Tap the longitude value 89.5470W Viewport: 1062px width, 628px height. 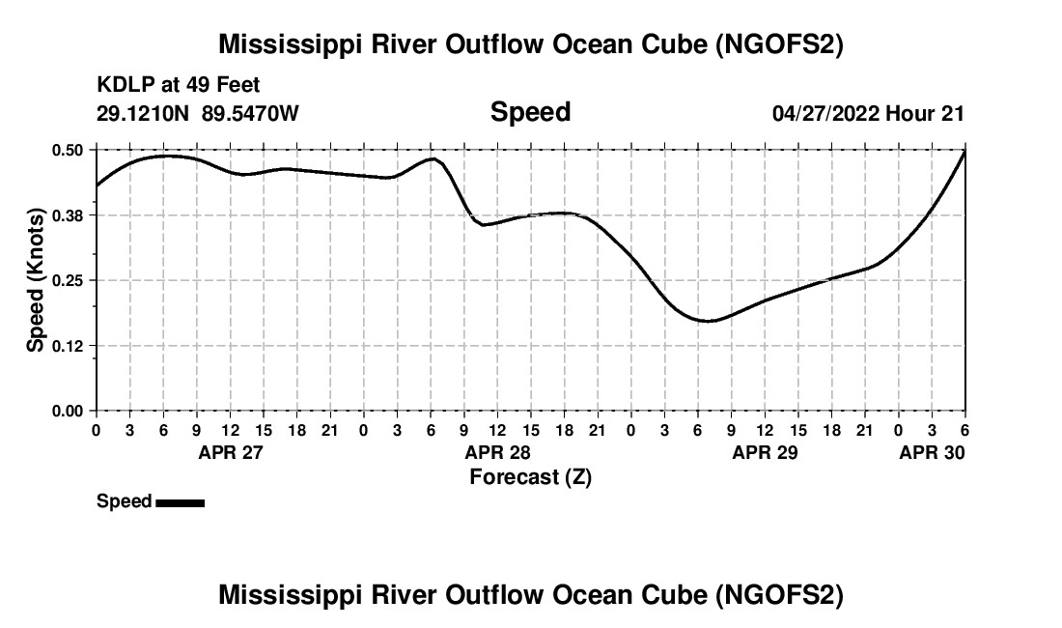pos(251,113)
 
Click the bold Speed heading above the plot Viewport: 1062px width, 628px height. pos(530,112)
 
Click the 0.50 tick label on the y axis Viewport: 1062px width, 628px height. pos(69,150)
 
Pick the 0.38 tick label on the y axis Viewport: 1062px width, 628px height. pos(69,215)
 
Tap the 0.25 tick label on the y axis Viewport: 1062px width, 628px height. pos(69,280)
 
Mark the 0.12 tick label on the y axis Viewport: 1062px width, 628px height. pos(69,346)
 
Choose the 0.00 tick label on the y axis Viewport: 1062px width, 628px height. pos(69,412)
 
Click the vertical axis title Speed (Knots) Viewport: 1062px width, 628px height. pos(36,280)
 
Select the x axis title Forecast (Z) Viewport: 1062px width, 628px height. pos(530,477)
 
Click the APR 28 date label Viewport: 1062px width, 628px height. pos(497,452)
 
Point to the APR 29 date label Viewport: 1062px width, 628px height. pos(765,452)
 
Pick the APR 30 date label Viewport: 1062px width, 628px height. pos(932,452)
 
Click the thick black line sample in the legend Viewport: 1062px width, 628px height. pos(180,502)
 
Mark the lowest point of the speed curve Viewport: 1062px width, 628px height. pos(709,321)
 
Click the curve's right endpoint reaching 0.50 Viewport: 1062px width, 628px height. pos(964,152)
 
